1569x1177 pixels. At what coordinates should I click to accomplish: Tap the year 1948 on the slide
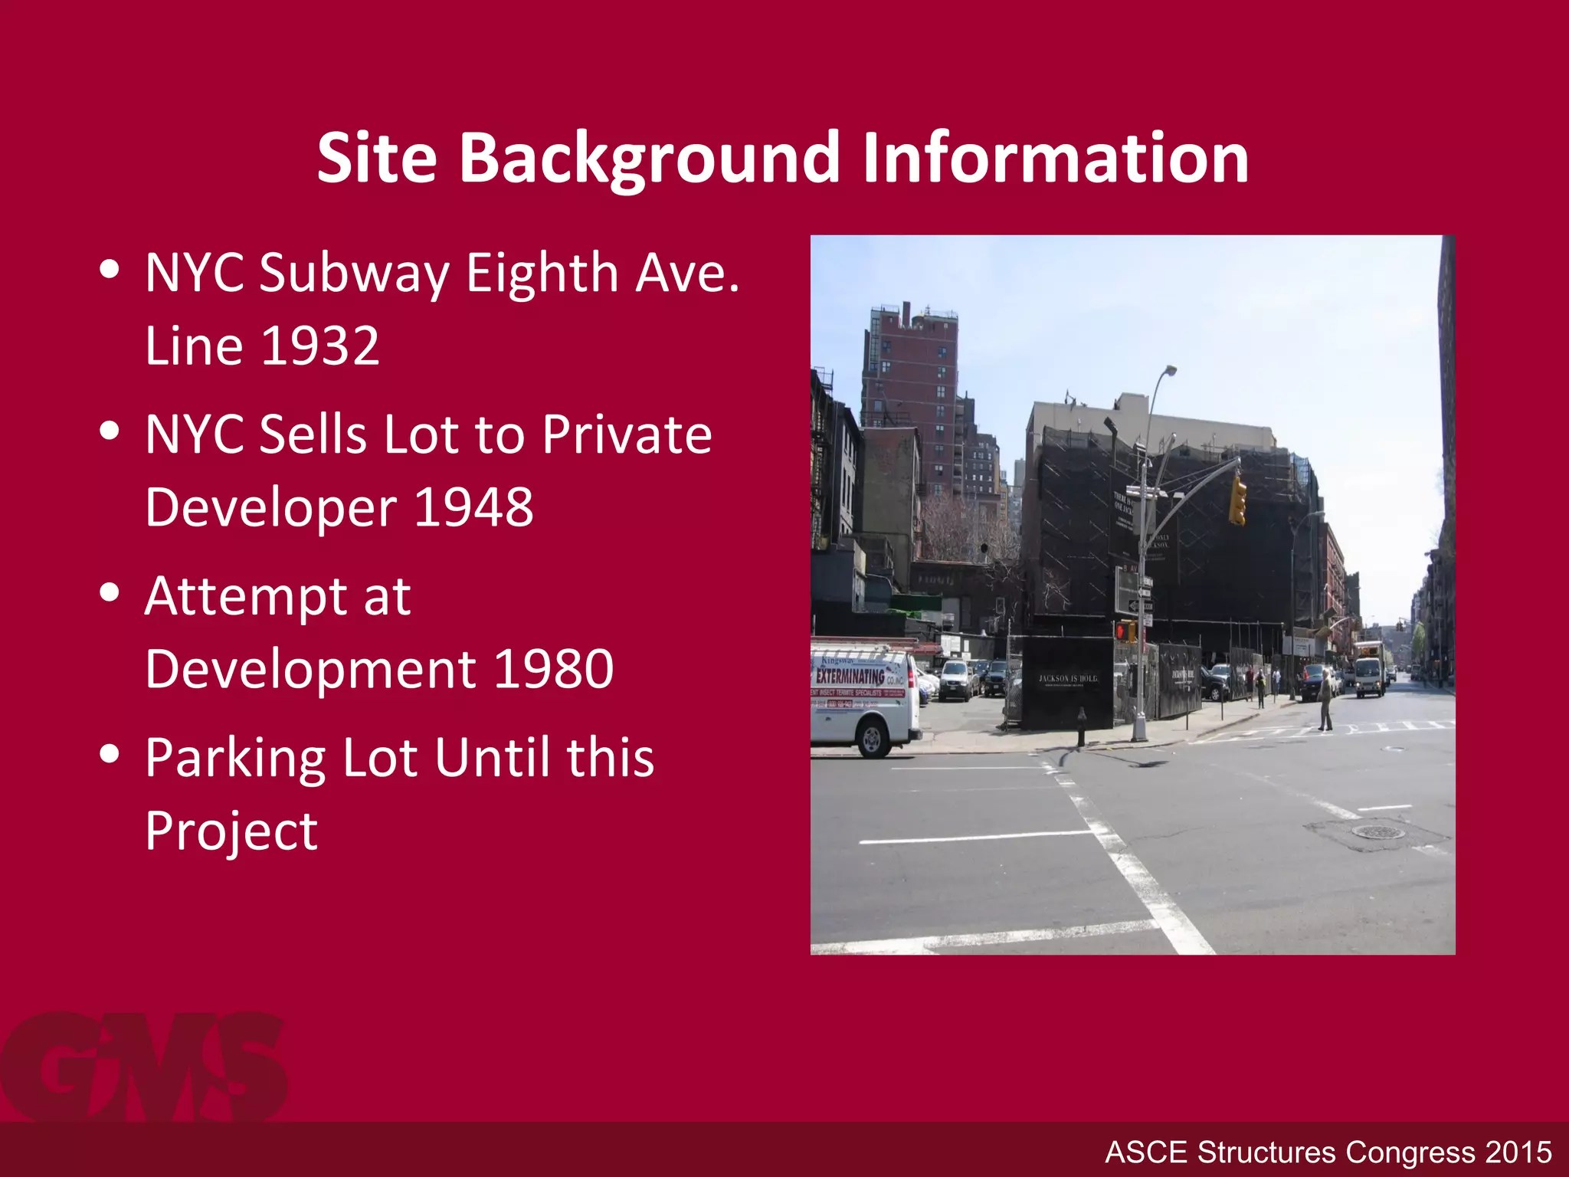tap(473, 507)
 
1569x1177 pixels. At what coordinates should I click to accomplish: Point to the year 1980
tap(553, 669)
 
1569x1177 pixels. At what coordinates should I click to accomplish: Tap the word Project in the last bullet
tap(231, 831)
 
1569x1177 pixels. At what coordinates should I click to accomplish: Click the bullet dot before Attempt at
tap(110, 592)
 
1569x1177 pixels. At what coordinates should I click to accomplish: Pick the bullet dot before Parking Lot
tap(110, 754)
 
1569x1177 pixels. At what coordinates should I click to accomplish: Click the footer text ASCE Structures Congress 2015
tap(1328, 1152)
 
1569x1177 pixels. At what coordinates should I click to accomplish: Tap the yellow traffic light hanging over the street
tap(1237, 500)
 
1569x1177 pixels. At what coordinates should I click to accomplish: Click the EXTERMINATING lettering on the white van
tap(850, 676)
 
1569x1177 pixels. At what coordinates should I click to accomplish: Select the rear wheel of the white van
tap(872, 739)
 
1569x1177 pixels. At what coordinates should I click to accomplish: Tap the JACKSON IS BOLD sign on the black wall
tap(1068, 679)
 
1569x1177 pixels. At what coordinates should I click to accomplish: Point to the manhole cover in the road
tap(1377, 831)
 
